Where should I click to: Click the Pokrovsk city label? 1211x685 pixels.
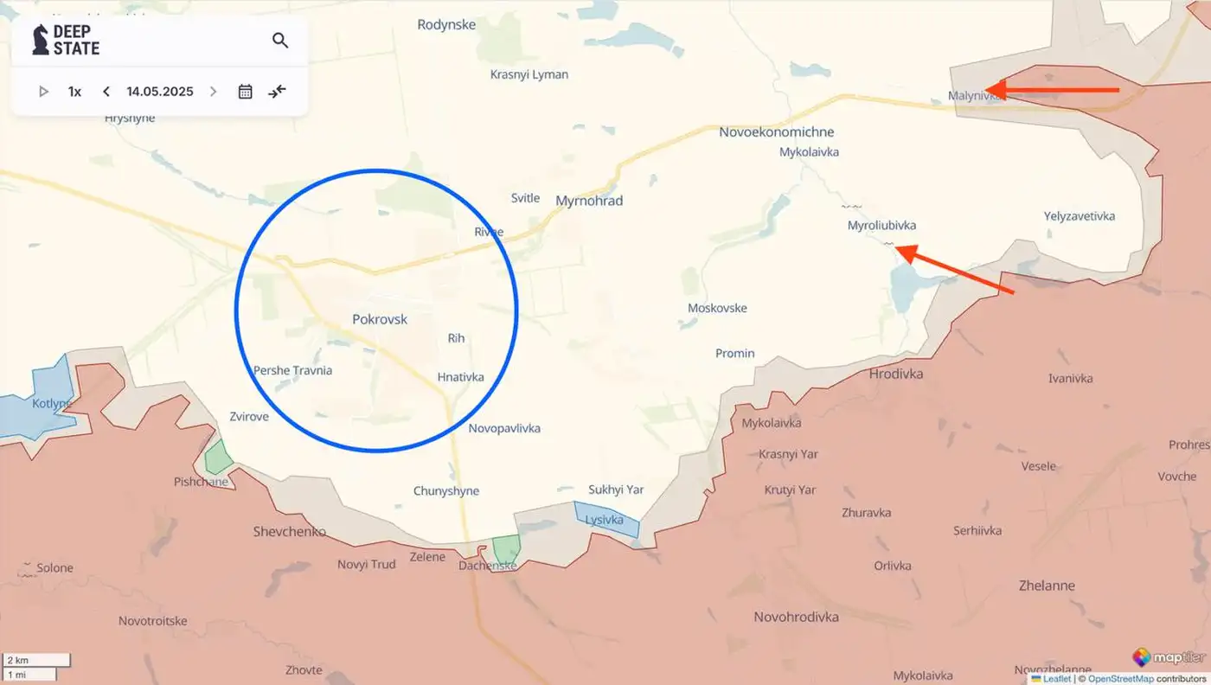pos(380,319)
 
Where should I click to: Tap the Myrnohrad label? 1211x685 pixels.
pos(589,201)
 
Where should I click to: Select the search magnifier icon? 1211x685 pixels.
pos(280,40)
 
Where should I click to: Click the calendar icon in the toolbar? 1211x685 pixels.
pos(245,92)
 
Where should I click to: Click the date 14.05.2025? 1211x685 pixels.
pos(160,92)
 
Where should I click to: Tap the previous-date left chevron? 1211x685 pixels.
pos(106,92)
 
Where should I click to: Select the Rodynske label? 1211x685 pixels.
pos(446,24)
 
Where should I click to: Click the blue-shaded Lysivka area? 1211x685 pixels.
pos(607,519)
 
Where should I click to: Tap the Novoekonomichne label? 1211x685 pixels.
pos(777,132)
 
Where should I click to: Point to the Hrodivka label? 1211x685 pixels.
pos(895,374)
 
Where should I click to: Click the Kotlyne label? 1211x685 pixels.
pos(51,404)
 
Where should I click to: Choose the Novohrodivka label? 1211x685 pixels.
pos(797,617)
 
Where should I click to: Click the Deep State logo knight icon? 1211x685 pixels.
pos(40,40)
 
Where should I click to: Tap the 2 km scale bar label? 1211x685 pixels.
pos(18,661)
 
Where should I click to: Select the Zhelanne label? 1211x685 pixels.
pos(1046,586)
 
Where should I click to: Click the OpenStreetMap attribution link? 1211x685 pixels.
pos(1111,679)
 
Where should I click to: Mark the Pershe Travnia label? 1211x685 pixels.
pos(292,370)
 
